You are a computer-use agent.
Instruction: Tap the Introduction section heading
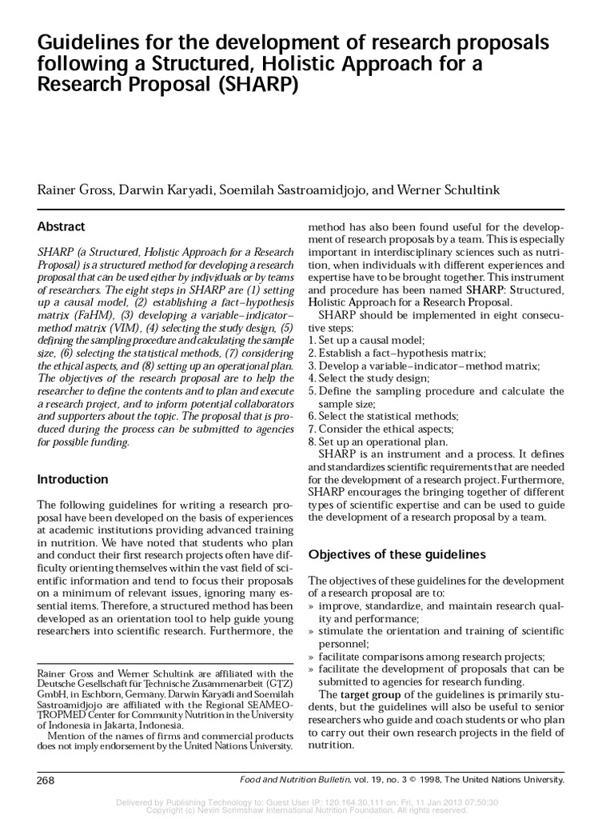coord(74,480)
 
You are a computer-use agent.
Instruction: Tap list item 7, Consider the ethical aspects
coord(385,429)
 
